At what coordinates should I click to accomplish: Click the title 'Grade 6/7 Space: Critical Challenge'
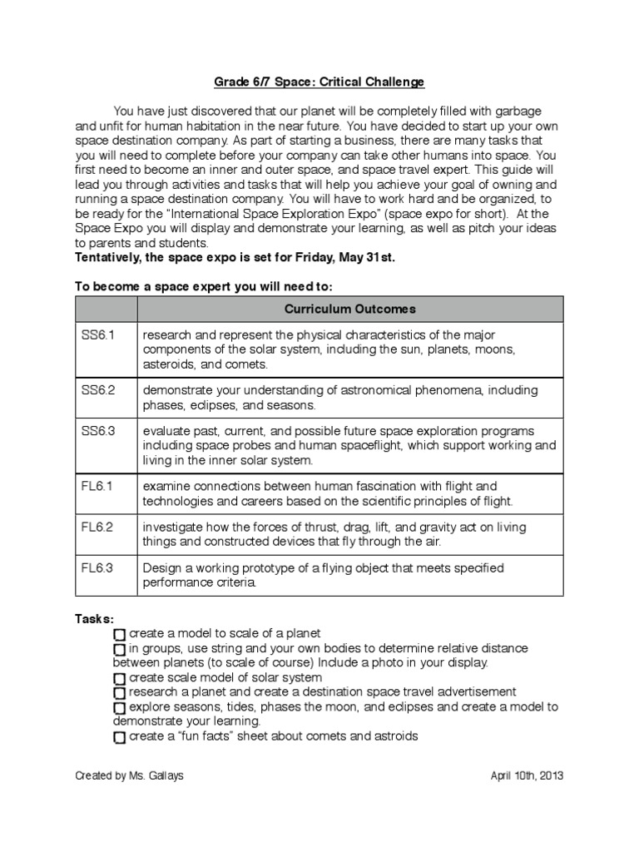319,82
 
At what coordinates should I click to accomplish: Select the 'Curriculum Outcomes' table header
350,309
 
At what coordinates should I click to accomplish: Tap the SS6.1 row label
95,334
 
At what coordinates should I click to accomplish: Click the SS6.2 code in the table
95,389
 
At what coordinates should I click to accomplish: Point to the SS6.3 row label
95,431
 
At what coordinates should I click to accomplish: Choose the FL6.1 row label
94,486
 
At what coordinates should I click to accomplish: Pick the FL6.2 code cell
94,528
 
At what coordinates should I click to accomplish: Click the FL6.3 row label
94,568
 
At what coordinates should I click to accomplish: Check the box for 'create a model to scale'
119,634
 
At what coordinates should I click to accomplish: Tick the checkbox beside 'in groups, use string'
119,649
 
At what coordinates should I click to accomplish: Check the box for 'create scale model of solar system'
119,678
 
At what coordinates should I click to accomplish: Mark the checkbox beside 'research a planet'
119,692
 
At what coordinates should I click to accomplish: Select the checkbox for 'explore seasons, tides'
119,707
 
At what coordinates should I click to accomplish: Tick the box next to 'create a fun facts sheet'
119,737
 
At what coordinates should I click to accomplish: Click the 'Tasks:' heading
95,619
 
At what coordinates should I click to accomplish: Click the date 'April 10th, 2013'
527,775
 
